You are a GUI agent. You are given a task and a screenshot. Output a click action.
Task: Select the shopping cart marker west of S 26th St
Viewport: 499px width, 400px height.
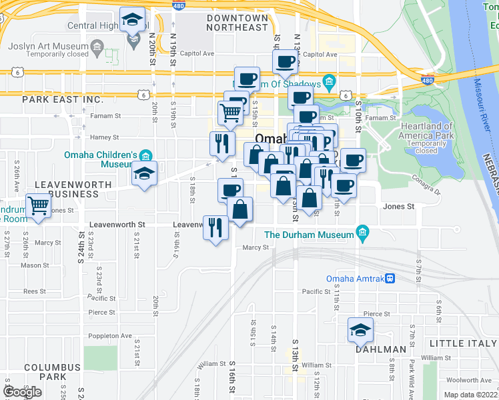coord(39,206)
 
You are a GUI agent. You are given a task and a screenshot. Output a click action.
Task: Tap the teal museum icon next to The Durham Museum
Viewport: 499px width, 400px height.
coord(362,232)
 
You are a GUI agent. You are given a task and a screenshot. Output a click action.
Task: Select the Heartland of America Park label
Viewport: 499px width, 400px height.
coord(427,131)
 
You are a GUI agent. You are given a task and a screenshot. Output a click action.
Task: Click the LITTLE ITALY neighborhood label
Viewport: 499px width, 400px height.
coord(464,343)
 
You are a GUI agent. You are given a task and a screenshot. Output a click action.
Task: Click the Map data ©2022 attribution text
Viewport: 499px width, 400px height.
coord(471,395)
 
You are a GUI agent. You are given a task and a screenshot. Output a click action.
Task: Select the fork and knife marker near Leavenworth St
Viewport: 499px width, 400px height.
coord(215,228)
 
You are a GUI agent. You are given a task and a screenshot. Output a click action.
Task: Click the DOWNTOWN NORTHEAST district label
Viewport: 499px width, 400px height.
coord(237,23)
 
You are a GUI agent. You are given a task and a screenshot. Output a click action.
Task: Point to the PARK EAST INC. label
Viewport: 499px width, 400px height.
coord(63,99)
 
